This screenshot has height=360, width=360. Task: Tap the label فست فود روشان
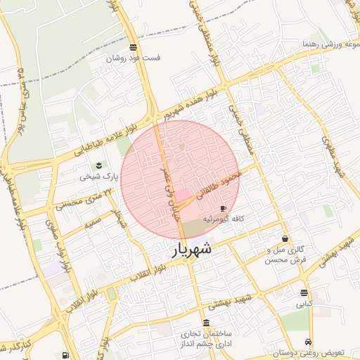(x=132, y=58)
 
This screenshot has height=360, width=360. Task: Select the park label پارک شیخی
(x=95, y=176)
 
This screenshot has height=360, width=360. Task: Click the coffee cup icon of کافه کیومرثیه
(x=224, y=209)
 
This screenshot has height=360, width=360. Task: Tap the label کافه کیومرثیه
(x=224, y=219)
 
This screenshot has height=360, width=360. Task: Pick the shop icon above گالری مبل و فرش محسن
(x=285, y=239)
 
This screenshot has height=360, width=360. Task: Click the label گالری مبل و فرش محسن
(x=287, y=255)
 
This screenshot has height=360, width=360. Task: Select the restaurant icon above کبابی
(x=304, y=293)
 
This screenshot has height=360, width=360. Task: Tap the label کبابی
(x=304, y=304)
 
